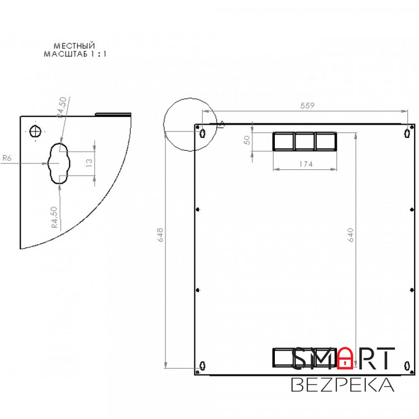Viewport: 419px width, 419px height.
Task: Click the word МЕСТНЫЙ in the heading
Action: (74, 45)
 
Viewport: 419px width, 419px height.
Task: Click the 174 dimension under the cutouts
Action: (304, 164)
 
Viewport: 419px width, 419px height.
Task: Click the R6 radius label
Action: (7, 158)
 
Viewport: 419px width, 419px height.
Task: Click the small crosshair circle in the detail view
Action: (36, 132)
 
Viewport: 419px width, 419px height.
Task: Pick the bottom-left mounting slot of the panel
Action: (202, 365)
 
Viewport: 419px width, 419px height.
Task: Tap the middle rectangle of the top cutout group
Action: (304, 141)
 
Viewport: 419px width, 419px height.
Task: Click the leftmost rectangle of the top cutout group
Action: (283, 141)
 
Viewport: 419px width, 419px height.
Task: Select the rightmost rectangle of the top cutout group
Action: (326, 141)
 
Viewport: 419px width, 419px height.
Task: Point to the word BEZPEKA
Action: (342, 385)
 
